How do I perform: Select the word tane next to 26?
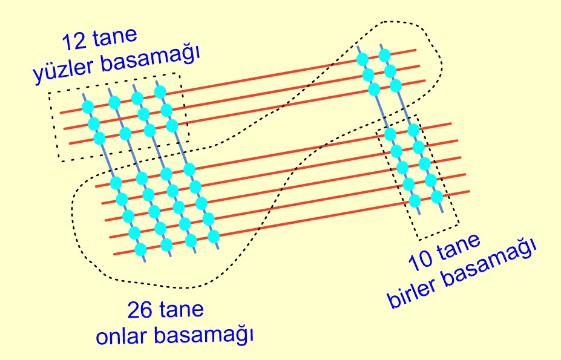182,312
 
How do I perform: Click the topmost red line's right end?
416,50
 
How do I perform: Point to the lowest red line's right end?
470,191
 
